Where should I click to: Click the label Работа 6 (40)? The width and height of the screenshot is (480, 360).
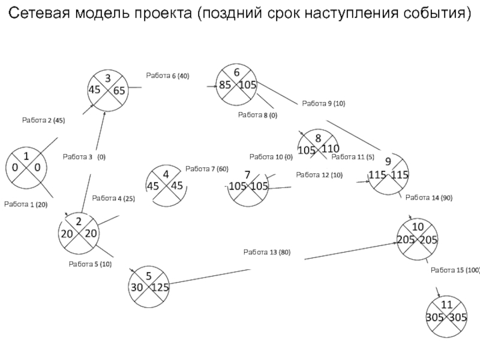(x=167, y=76)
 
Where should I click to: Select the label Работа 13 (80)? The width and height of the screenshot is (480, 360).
(x=267, y=252)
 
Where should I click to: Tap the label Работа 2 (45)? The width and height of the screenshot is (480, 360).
(x=43, y=121)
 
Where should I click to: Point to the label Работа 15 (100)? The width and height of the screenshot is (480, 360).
(x=455, y=271)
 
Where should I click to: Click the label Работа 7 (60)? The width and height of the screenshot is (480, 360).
(x=207, y=169)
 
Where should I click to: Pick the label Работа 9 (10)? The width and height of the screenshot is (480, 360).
(x=323, y=103)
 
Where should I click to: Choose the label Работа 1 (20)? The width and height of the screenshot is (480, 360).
(x=26, y=205)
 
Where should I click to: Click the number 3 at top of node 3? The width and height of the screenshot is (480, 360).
(x=108, y=79)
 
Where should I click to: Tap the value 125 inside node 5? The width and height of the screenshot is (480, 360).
(x=160, y=287)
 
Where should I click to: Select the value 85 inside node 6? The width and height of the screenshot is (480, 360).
(x=225, y=85)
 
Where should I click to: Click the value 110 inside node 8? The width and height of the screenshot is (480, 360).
(x=331, y=149)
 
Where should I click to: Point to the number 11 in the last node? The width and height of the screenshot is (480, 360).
(x=446, y=305)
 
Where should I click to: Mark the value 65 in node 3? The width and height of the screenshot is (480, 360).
(x=119, y=91)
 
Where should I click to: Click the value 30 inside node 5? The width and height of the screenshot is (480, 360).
(x=137, y=287)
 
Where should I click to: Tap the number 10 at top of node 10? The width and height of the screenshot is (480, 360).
(x=418, y=227)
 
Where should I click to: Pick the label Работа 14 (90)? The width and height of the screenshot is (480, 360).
(x=429, y=198)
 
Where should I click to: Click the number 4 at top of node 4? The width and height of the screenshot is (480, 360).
(x=166, y=175)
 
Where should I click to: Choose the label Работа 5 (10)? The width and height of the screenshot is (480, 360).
(x=90, y=264)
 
